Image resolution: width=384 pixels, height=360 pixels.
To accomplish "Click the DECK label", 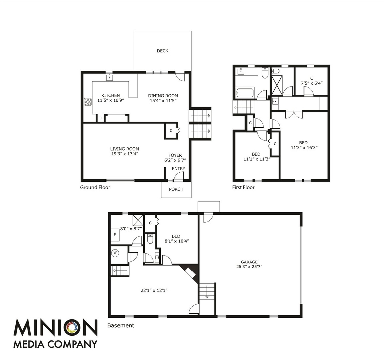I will [x=162, y=51].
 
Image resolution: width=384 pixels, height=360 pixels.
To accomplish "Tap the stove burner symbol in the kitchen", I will [x=88, y=102].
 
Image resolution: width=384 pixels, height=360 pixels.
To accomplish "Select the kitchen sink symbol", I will [x=109, y=78].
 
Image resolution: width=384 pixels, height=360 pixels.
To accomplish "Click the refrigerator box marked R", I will [x=100, y=118].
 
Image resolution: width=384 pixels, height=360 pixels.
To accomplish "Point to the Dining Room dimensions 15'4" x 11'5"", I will [x=163, y=100].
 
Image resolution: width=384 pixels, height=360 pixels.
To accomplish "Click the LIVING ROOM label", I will [x=125, y=149].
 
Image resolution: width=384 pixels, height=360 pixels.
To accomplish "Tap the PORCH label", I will [x=176, y=189].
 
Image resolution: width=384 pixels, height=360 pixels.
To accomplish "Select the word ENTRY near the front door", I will [x=178, y=169].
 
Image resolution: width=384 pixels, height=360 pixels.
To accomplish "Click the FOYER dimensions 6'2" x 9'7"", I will [x=175, y=160].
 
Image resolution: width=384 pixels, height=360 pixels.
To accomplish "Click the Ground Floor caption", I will [x=95, y=187].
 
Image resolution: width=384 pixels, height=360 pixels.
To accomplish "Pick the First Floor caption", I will [x=243, y=187].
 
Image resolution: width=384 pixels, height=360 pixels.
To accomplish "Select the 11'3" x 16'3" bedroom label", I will [x=303, y=147].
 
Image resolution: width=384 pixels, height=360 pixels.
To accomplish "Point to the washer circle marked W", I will [x=115, y=253].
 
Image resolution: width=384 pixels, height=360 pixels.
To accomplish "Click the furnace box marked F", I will [x=115, y=235].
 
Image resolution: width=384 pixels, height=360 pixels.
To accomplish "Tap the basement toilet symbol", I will [x=150, y=239].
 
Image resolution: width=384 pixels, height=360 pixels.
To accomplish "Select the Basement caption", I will [x=121, y=325].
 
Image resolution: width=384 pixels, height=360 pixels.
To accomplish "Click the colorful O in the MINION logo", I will [x=72, y=328].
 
